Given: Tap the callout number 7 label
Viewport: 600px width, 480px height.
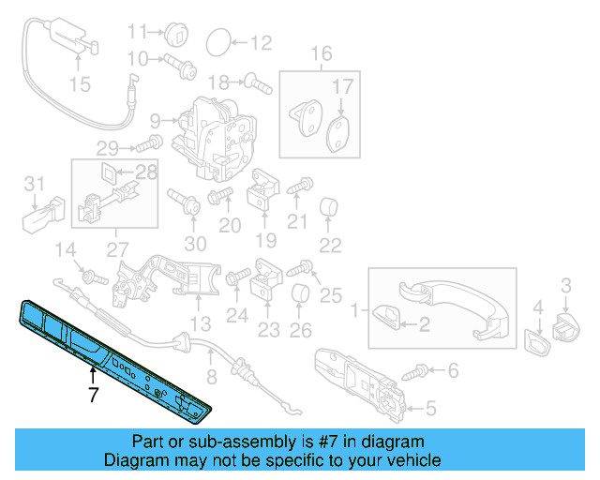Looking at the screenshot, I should coord(93,396).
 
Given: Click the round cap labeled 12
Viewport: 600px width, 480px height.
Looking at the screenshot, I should coord(217,41).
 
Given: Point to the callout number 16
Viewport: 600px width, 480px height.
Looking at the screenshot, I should coord(322,52).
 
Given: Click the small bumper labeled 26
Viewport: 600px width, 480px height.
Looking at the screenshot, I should coord(300,297).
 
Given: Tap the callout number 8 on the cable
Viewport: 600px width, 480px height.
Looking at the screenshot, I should coord(211,378).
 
